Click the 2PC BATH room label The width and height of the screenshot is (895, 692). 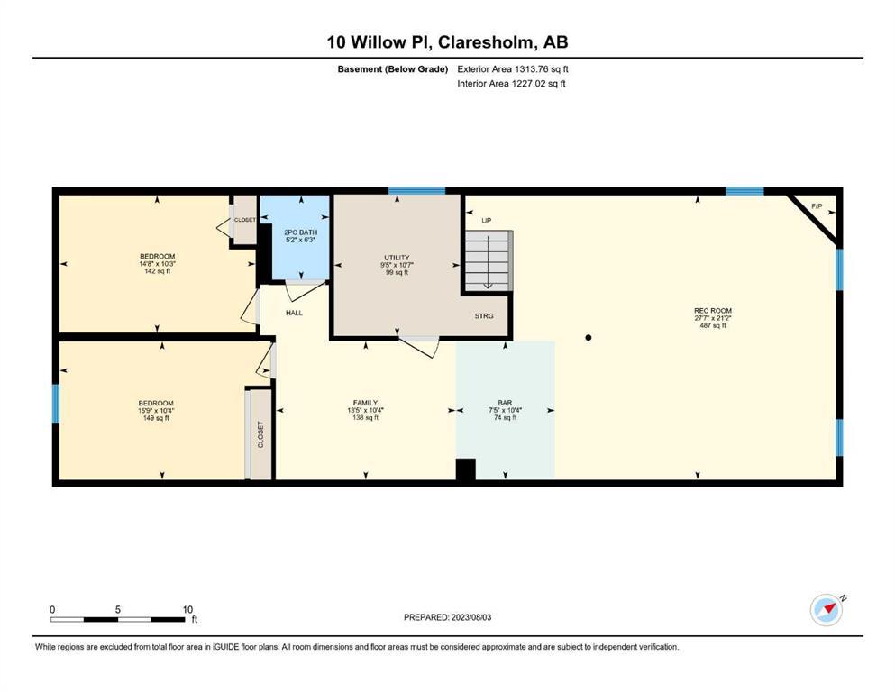pos(300,232)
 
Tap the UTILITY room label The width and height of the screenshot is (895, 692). pos(397,258)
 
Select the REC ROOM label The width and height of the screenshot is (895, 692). pos(713,310)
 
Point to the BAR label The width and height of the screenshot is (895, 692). pos(505,402)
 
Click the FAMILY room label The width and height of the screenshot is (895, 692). pos(365,402)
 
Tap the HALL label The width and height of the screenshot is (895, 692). pos(294,313)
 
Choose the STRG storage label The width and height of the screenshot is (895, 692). pos(484,315)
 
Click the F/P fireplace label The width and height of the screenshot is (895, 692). pos(817,206)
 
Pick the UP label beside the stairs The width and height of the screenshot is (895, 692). pos(487,220)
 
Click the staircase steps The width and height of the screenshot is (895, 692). pos(489,260)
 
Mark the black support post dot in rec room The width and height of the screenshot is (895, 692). pos(589,338)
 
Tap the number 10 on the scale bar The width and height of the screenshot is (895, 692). pos(187,609)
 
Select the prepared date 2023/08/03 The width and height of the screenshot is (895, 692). pos(471,617)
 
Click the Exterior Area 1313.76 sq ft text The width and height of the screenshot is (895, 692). pos(513,69)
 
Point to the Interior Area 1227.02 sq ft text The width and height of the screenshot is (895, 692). pos(511,83)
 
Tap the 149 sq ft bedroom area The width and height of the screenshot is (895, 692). pos(156,417)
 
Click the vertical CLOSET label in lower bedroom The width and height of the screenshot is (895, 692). pos(260,434)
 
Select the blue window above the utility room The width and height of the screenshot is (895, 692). pos(416,191)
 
